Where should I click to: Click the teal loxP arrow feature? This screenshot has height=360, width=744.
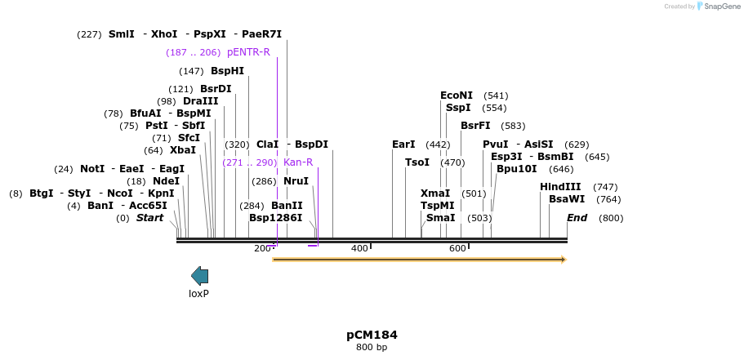[x=199, y=276]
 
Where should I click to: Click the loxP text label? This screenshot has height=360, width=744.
[x=198, y=294]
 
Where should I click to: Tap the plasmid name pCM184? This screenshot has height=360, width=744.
[x=372, y=335]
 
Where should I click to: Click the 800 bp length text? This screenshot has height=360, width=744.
[x=372, y=348]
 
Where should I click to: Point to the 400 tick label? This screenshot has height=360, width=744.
[x=359, y=248]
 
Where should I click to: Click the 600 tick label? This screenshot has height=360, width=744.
[x=457, y=248]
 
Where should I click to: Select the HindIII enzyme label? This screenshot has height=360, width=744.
[x=560, y=187]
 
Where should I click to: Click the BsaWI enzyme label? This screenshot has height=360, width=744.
[x=567, y=199]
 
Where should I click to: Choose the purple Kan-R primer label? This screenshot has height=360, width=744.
[x=298, y=162]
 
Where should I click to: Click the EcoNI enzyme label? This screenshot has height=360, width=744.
[x=457, y=96]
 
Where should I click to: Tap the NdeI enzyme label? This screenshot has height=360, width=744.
[x=166, y=181]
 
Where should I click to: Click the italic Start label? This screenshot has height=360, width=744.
[x=149, y=218]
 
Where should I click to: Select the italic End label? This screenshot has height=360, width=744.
[x=577, y=218]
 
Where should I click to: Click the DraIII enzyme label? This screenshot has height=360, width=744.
[x=201, y=101]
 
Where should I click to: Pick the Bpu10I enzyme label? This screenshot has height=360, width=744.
[x=517, y=169]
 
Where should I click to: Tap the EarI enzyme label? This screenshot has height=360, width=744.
[x=403, y=144]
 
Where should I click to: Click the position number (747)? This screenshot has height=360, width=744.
[x=605, y=187]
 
